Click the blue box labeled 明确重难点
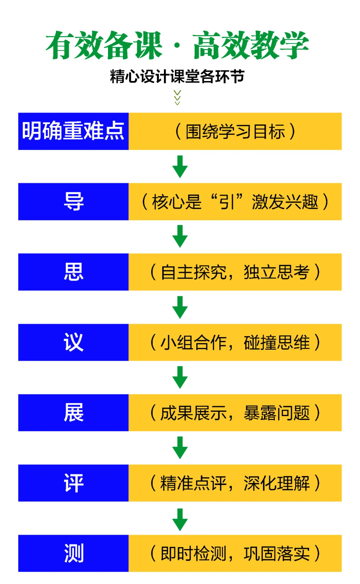click(73, 131)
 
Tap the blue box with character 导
click(73, 202)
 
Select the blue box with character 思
click(73, 272)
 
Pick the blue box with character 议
click(73, 342)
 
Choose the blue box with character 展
click(73, 413)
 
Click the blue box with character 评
click(73, 483)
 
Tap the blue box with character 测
click(73, 553)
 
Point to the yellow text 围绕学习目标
click(235, 131)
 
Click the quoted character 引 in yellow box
click(227, 202)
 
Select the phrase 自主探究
click(193, 272)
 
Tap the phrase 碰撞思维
click(277, 342)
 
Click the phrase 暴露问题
click(277, 413)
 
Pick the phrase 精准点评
click(193, 483)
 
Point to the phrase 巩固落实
click(277, 553)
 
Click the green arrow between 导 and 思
click(180, 236)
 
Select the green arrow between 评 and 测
click(180, 519)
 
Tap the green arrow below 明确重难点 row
click(180, 166)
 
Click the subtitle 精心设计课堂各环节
click(177, 76)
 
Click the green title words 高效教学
click(251, 45)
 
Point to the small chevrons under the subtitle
click(177, 97)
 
